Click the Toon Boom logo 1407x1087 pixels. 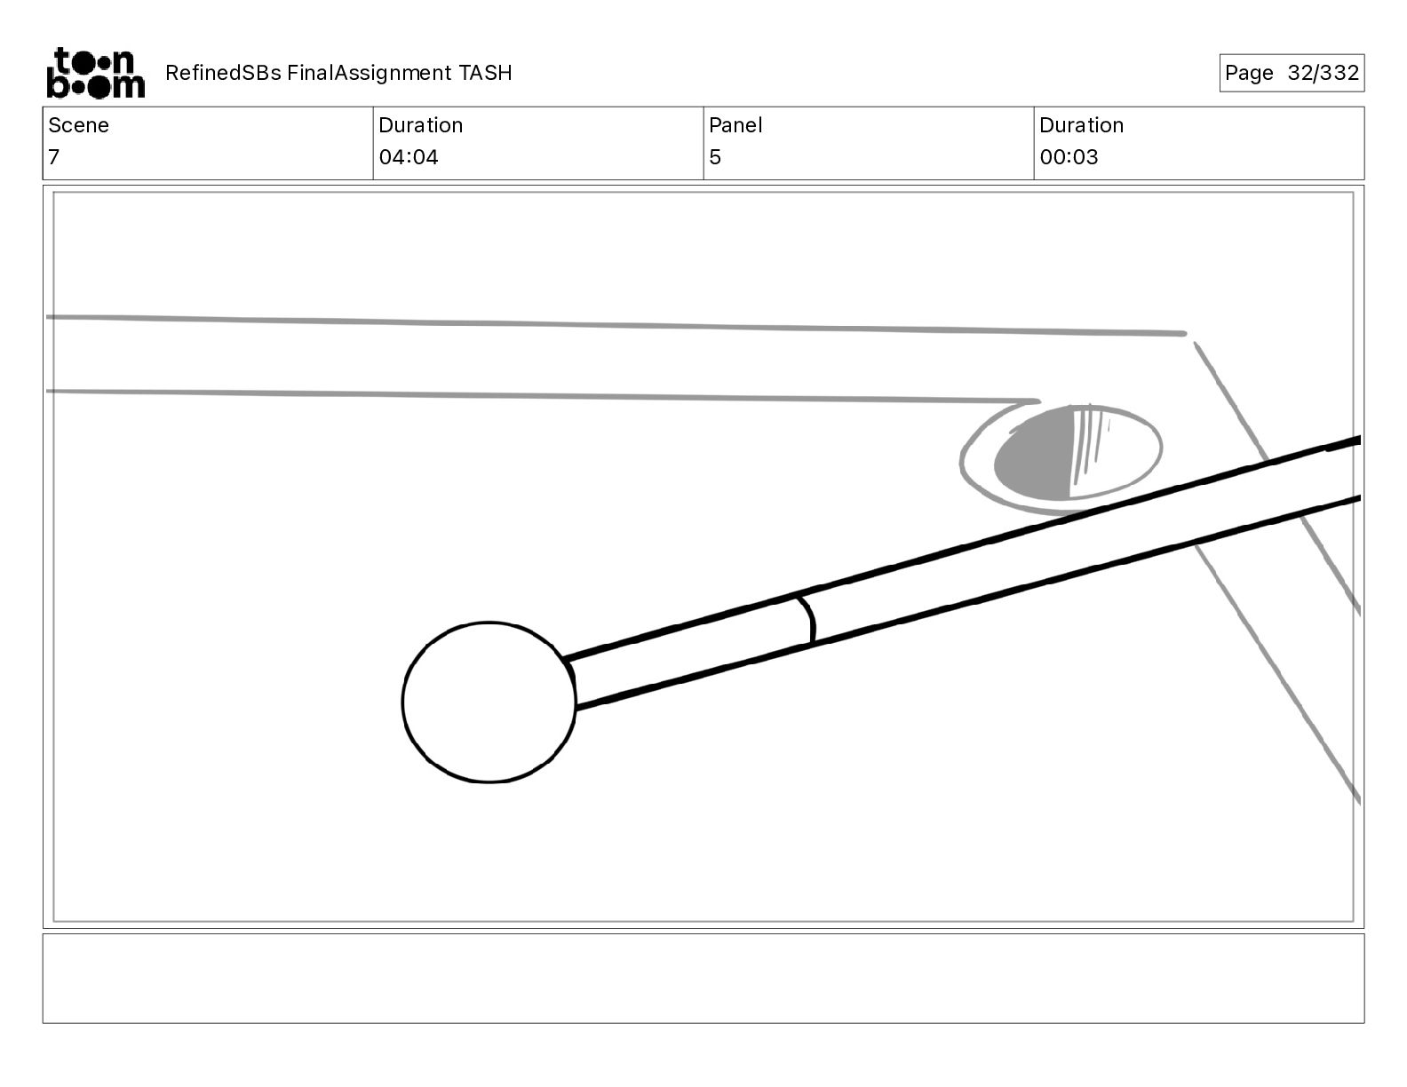(96, 73)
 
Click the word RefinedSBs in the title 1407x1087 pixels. (223, 73)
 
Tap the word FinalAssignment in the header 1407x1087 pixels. (369, 73)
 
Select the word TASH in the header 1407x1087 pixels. (486, 73)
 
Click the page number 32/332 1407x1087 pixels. (1323, 73)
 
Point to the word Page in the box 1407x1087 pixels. (1249, 73)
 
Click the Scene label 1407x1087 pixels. (78, 125)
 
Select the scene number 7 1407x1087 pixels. (54, 156)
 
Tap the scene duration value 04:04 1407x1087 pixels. (409, 156)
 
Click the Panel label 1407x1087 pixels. (735, 125)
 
